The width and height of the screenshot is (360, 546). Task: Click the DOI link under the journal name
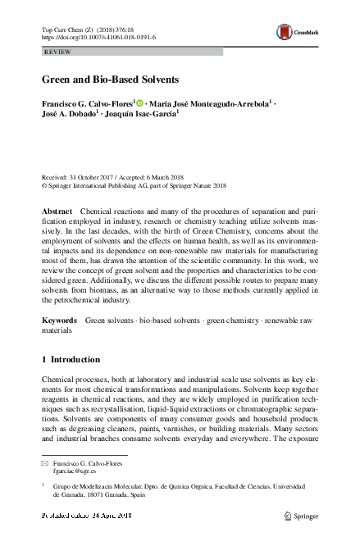[98, 37]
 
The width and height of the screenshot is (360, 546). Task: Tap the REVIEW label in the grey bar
[56, 51]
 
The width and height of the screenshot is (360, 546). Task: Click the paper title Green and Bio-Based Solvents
[110, 80]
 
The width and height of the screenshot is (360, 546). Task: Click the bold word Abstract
[57, 212]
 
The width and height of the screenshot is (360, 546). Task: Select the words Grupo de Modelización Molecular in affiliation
[97, 487]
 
